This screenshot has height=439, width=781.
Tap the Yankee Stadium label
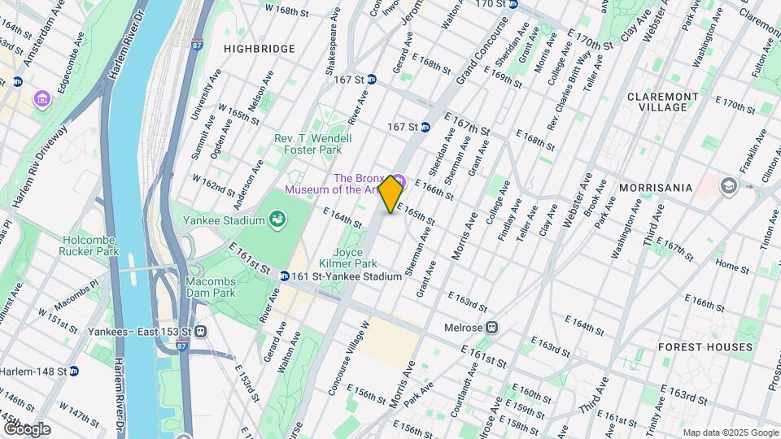click(233, 220)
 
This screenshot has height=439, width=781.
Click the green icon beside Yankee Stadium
click(278, 219)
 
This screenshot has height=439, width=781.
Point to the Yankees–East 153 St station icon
click(200, 332)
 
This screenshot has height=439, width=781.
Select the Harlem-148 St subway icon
click(73, 371)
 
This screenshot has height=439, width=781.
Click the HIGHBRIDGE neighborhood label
click(260, 49)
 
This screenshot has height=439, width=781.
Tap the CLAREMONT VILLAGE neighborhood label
click(662, 102)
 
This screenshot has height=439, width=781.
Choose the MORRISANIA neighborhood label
click(655, 187)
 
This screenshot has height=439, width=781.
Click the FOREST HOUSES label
click(706, 347)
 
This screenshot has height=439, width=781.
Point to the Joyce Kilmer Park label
click(354, 259)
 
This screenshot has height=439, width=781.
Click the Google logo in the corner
click(26, 429)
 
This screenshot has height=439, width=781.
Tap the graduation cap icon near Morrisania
click(728, 186)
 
